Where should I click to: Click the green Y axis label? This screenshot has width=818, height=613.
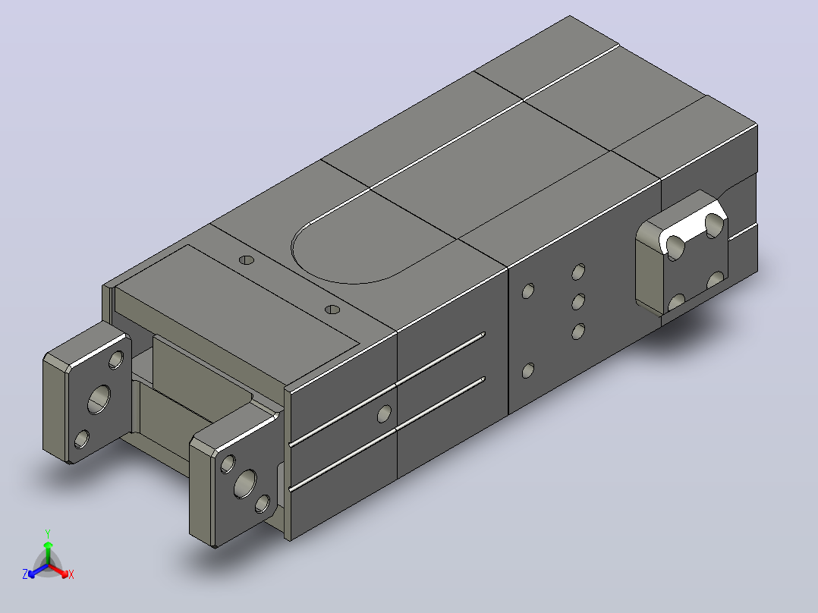coord(48,534)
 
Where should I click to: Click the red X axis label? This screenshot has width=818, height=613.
coord(71,574)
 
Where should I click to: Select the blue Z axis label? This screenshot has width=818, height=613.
coord(25,574)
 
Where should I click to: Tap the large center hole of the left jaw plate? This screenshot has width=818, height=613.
coord(99,400)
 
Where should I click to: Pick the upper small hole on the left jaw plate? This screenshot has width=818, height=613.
coord(116,360)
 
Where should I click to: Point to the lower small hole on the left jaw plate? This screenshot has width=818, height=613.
coord(81,439)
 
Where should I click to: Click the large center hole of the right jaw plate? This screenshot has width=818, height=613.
coord(245,483)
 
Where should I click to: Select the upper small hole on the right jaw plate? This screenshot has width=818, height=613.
coord(228,464)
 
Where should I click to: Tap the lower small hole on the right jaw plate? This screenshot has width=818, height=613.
coord(263,504)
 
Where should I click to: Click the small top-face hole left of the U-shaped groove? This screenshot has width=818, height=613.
coord(246,259)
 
